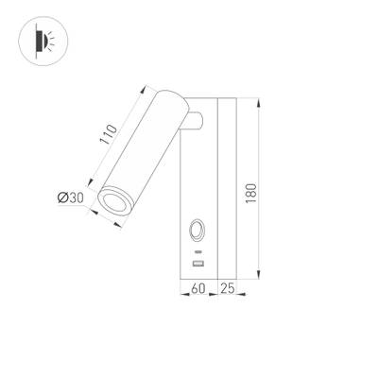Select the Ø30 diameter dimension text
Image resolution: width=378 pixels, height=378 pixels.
pos(70,198)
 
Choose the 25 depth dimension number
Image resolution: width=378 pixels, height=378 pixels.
pos(228,288)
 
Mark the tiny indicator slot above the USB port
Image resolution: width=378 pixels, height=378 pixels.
pos(199,252)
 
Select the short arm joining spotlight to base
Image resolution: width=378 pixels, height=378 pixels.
pos(194,120)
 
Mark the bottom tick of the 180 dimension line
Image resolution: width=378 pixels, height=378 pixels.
pos(256,277)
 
